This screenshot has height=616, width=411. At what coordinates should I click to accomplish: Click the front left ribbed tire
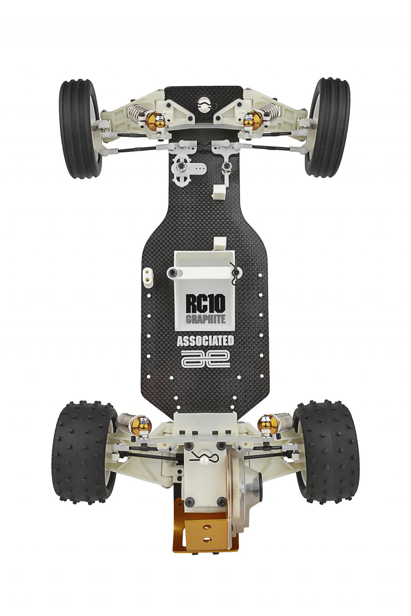click(79, 128)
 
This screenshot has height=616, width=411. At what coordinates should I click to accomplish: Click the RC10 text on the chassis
click(205, 303)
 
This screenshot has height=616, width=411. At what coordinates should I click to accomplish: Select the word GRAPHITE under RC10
click(205, 319)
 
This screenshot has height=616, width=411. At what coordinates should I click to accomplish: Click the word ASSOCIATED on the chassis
click(205, 341)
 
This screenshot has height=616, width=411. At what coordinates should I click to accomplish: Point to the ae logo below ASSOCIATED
click(205, 359)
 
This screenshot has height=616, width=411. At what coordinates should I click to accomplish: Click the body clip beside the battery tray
click(234, 274)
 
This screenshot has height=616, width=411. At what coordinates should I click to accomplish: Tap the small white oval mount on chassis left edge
click(147, 276)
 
